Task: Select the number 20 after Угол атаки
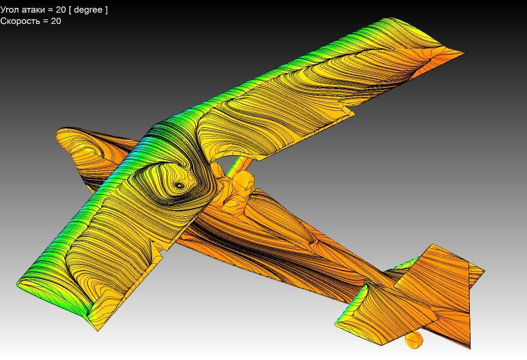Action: pyautogui.click(x=61, y=10)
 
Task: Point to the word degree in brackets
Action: pyautogui.click(x=88, y=10)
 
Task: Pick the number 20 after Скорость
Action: pyautogui.click(x=56, y=21)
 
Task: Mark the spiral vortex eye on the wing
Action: pyautogui.click(x=180, y=185)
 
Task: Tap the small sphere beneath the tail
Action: pyautogui.click(x=414, y=340)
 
